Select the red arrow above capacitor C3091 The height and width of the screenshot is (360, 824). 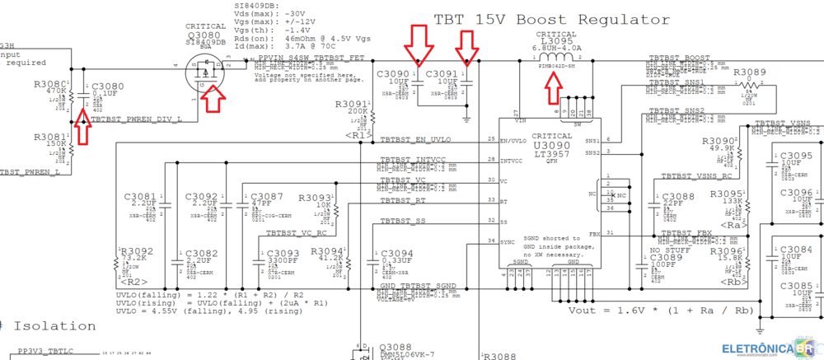tap(469, 46)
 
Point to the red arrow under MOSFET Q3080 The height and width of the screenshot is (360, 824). tap(213, 96)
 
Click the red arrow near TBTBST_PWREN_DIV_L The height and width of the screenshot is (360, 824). tap(83, 126)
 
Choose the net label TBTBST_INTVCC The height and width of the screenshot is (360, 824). tap(412, 158)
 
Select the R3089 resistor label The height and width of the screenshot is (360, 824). tap(749, 72)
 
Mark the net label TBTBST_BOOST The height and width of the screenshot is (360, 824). tap(679, 58)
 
